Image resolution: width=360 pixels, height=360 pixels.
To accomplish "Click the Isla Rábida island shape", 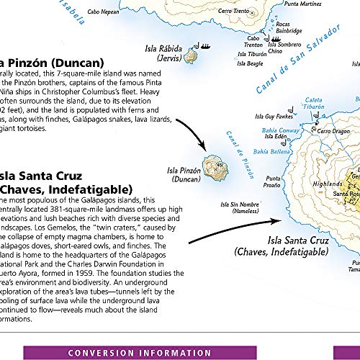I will [x=192, y=55].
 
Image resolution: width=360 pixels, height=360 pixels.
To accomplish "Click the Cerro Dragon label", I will [x=335, y=131].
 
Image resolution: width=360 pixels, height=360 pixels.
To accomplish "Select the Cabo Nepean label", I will [x=103, y=12].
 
